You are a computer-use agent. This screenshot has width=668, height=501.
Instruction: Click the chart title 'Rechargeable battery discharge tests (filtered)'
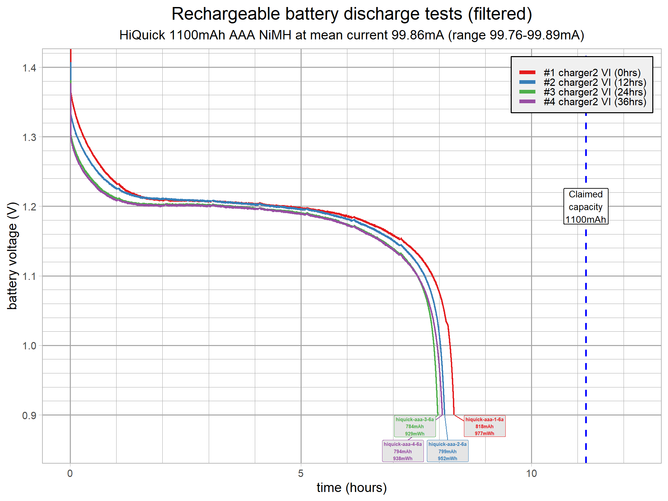[x=351, y=14]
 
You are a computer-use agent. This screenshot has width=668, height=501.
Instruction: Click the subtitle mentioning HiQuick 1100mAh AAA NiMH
[x=351, y=35]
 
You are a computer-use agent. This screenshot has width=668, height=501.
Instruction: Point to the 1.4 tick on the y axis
[x=29, y=68]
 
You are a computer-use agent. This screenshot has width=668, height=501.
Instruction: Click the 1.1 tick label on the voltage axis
[x=29, y=276]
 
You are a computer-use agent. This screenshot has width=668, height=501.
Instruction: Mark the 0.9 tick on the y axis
[x=29, y=415]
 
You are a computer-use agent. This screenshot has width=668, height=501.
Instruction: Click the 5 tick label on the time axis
[x=301, y=474]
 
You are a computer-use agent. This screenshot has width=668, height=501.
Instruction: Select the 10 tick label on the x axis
[x=531, y=474]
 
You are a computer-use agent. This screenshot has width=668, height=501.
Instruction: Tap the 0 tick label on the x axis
[x=70, y=474]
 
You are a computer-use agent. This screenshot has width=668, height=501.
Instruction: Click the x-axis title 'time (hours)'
[x=351, y=488]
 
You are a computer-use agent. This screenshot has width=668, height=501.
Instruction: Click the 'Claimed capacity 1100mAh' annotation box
[x=586, y=206]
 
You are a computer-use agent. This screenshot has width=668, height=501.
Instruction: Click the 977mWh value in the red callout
[x=484, y=434]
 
